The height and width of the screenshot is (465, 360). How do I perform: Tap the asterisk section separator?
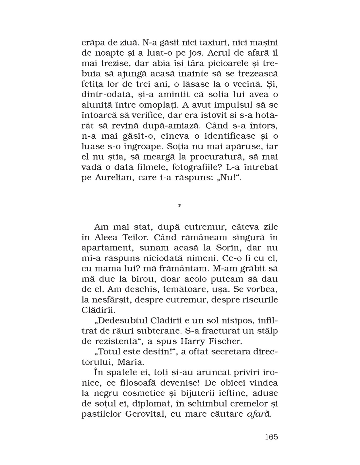coord(179,206)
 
